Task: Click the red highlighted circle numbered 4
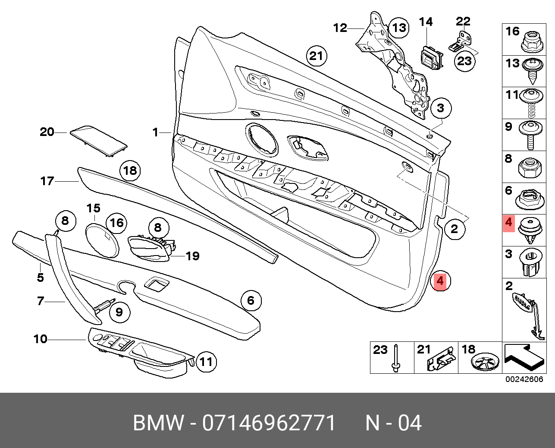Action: (439, 281)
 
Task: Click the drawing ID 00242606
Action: (524, 379)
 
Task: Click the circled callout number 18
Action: (130, 171)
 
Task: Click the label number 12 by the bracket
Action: (340, 28)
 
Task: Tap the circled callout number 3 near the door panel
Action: (440, 108)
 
